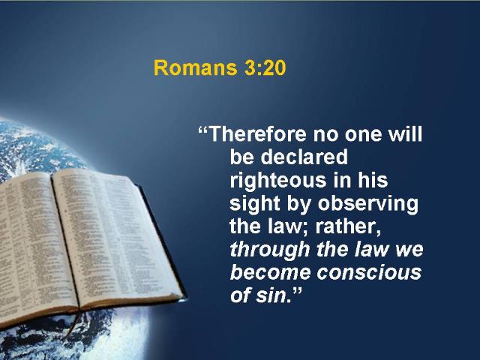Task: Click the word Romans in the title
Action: [x=195, y=67]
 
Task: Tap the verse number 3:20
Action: [x=265, y=67]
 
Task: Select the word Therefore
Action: [x=258, y=134]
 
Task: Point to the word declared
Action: [x=304, y=157]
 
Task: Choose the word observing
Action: [x=368, y=204]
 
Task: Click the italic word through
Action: [x=270, y=250]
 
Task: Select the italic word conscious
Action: [x=369, y=272]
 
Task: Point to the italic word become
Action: [x=271, y=272]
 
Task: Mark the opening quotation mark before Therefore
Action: [x=203, y=129]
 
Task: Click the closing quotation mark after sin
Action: [x=294, y=290]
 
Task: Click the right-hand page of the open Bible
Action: [x=116, y=235]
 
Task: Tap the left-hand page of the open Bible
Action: [x=31, y=245]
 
